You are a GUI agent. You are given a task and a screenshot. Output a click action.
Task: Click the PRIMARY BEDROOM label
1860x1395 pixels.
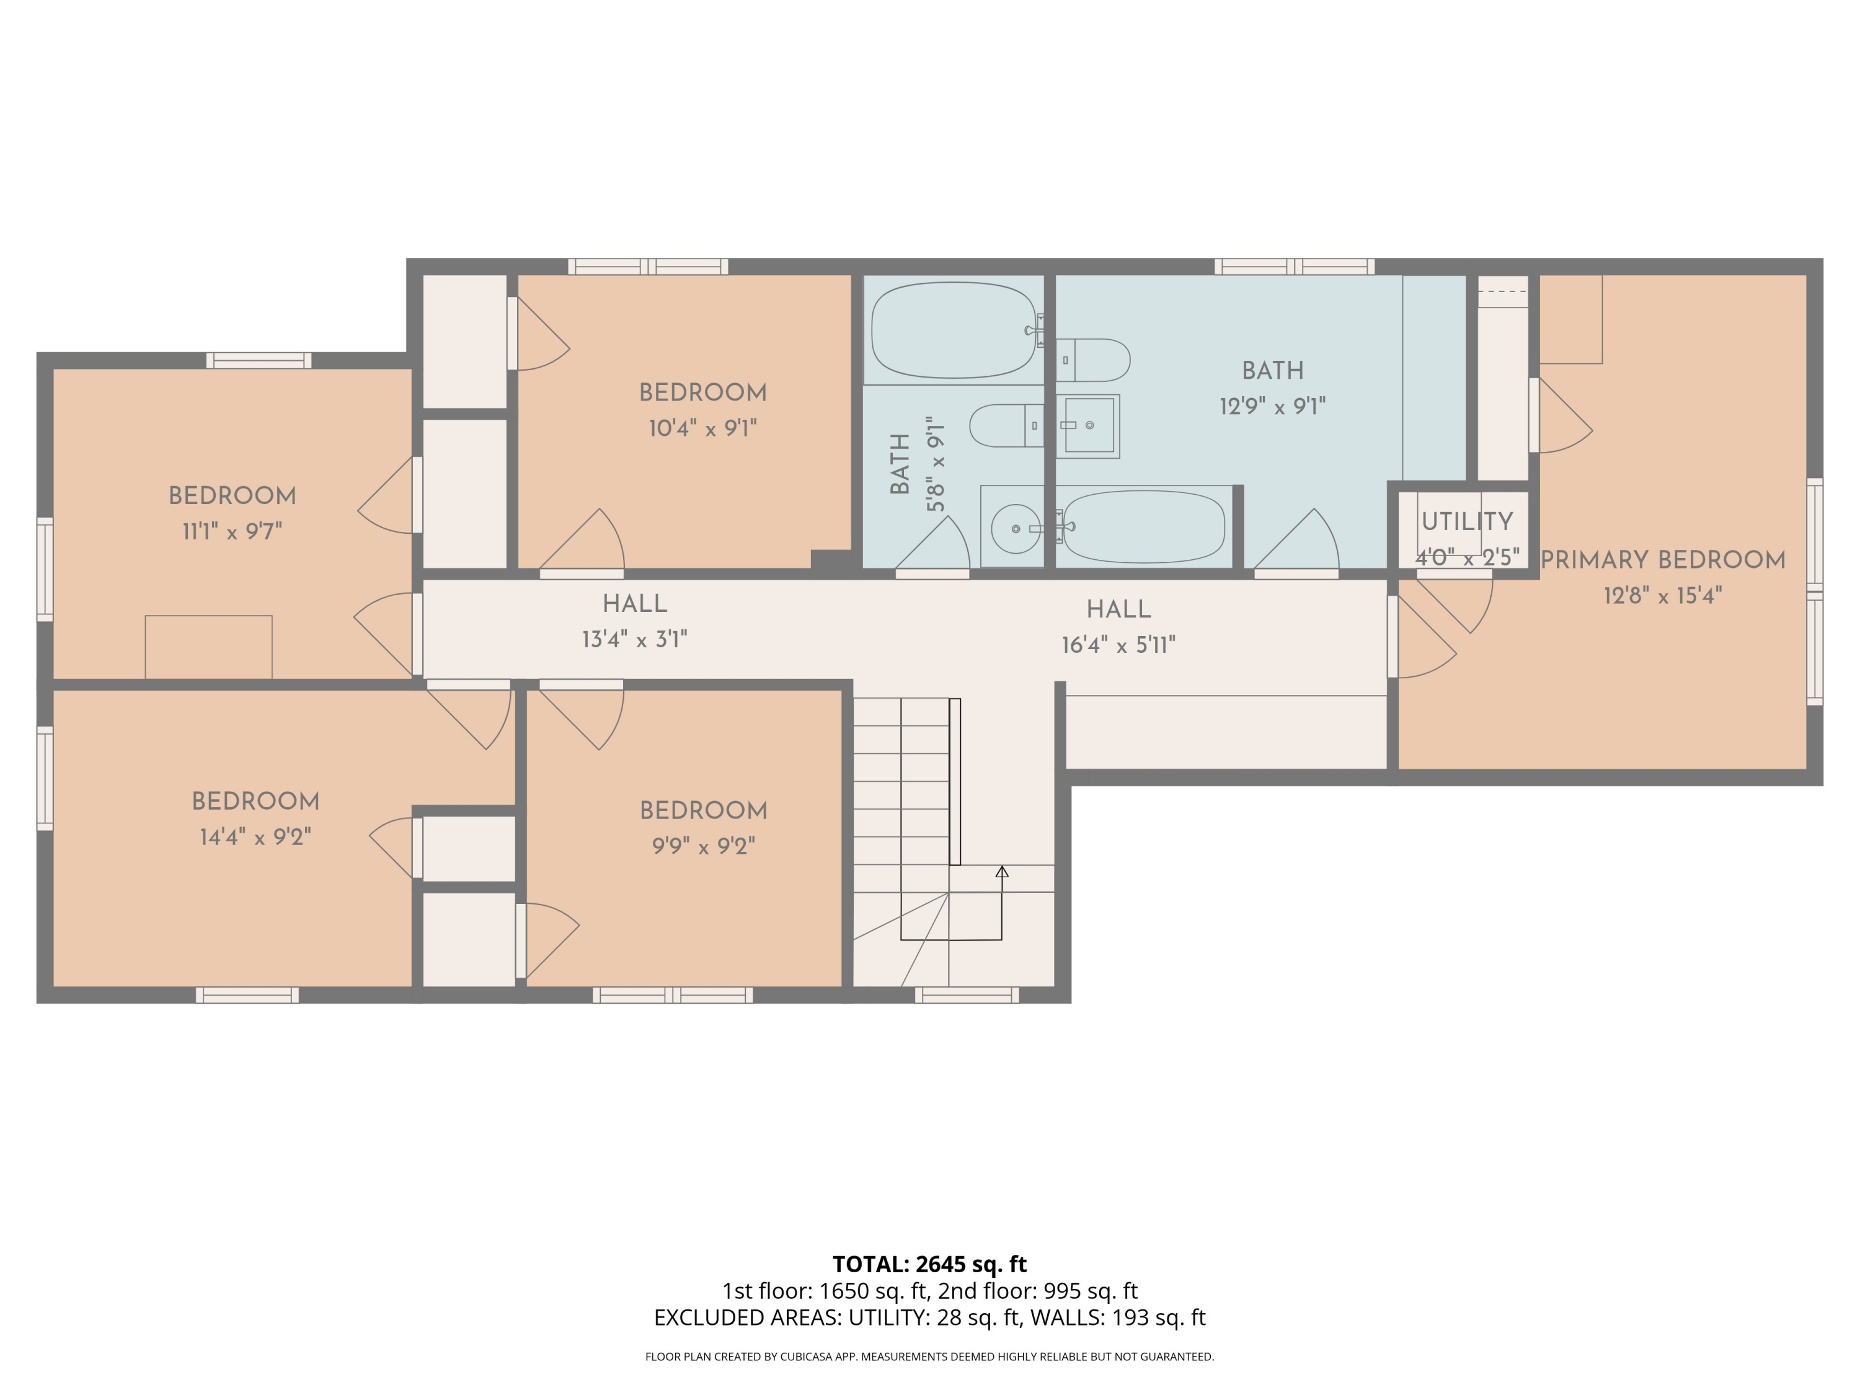1662,560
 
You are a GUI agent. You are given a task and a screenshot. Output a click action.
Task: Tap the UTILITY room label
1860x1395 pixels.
1468,521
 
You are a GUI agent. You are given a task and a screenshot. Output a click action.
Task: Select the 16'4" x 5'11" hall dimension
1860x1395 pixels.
1118,645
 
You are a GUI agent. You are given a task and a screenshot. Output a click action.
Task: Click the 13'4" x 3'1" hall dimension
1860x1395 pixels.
635,639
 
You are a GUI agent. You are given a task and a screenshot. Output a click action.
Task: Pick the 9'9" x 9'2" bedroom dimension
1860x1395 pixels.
704,845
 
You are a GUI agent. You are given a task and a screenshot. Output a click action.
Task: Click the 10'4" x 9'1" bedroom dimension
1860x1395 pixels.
703,428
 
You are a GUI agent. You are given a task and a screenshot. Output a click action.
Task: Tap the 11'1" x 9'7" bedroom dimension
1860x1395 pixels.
232,531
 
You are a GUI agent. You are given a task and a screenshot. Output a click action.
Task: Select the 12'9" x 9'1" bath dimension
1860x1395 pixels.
1273,406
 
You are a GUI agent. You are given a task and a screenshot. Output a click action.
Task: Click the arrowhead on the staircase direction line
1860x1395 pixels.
1001,872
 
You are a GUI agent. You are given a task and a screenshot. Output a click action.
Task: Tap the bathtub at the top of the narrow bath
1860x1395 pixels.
954,330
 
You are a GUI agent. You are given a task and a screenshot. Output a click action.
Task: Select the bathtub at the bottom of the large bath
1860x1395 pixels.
1143,526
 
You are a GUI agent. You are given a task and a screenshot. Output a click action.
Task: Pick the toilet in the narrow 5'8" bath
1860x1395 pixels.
1006,425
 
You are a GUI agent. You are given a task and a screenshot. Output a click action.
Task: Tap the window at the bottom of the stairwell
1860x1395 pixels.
967,994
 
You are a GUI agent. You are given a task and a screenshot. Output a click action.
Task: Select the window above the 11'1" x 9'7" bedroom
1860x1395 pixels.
259,361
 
